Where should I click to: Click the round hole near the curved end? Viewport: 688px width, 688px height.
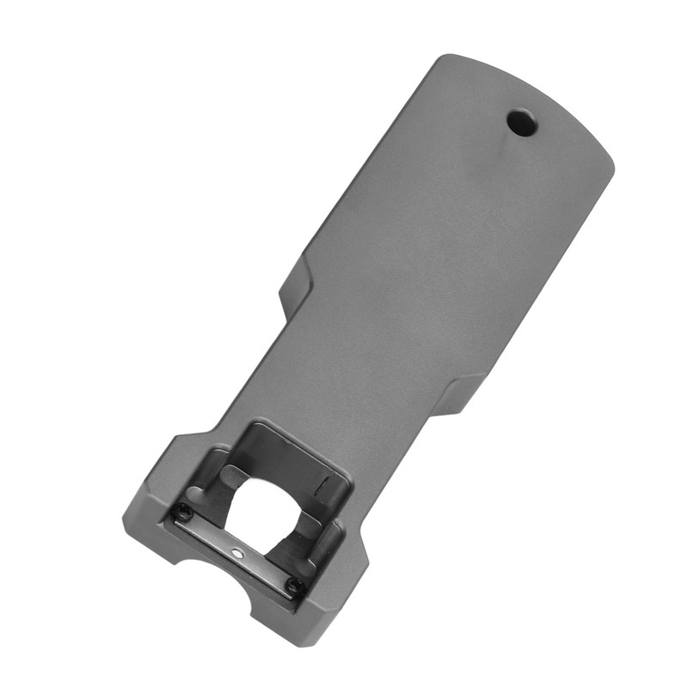pyautogui.click(x=521, y=123)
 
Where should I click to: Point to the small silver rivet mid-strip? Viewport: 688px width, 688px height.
pyautogui.click(x=236, y=550)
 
